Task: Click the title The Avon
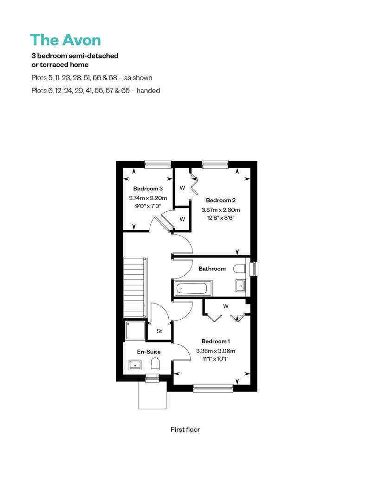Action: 65,40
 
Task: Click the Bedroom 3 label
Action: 148,189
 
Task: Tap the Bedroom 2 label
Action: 221,200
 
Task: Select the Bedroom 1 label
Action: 216,341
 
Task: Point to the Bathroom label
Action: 212,269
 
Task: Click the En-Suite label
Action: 148,352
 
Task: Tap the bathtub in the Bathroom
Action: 192,288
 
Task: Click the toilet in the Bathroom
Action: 239,269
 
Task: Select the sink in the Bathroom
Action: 241,285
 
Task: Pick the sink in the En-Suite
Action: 135,364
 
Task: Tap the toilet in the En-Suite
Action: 156,364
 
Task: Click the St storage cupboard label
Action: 159,331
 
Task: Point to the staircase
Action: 135,288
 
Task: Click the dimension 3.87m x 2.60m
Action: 221,210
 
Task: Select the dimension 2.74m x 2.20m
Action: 148,198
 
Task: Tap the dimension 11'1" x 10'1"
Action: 216,359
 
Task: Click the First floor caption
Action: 185,429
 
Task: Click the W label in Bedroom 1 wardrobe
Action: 226,306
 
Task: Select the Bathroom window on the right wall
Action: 254,269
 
